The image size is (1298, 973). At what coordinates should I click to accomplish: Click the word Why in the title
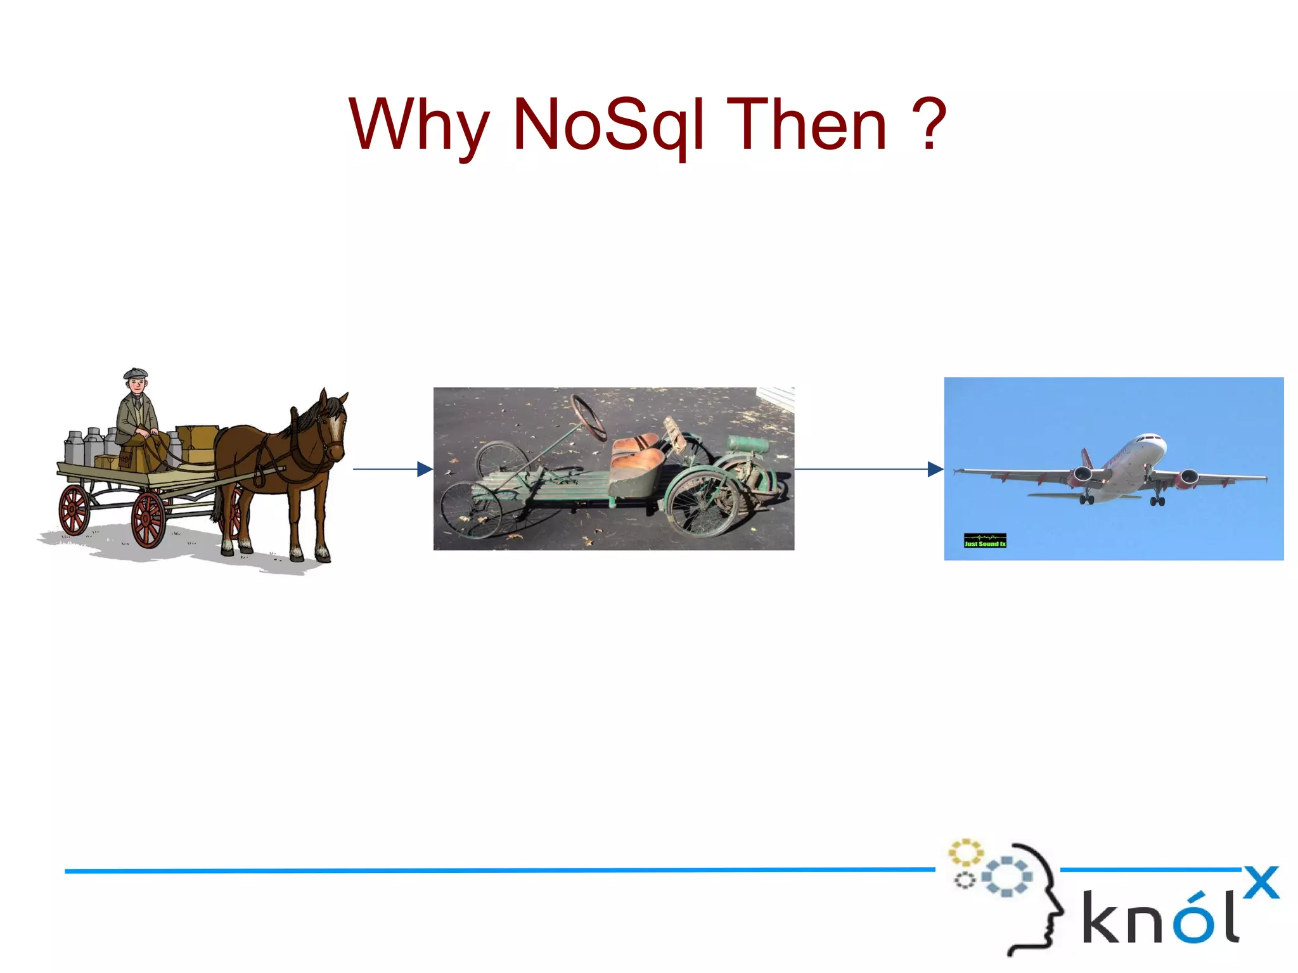coord(418,125)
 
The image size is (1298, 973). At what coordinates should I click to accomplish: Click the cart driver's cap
coord(135,373)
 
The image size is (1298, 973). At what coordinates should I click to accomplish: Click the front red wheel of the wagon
coord(148,520)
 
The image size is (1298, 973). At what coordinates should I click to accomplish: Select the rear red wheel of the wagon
coord(74,510)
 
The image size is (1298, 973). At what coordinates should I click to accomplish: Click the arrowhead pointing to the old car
coord(425,469)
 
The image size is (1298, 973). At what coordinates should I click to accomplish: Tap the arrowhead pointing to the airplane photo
coord(935,469)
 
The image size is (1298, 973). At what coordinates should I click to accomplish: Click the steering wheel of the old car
coord(588,417)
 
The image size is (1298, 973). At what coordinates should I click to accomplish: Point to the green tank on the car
coord(748,444)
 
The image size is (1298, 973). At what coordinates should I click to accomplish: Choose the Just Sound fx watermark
coord(985,540)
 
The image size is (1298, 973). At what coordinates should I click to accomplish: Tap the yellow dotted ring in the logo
coord(965,853)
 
